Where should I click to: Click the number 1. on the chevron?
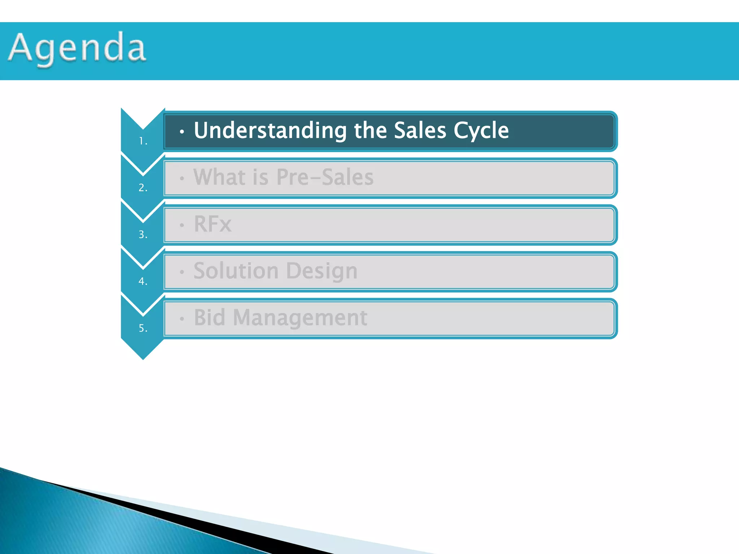click(143, 141)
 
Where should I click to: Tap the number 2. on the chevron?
click(143, 188)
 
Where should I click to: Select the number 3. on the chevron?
click(143, 234)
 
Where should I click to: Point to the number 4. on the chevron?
click(143, 281)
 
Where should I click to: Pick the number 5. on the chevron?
click(143, 328)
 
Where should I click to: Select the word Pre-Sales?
click(325, 177)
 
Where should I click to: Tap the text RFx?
click(212, 224)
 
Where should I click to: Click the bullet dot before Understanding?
click(182, 132)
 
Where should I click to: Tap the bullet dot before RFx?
click(182, 225)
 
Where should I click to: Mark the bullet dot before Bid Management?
click(182, 319)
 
